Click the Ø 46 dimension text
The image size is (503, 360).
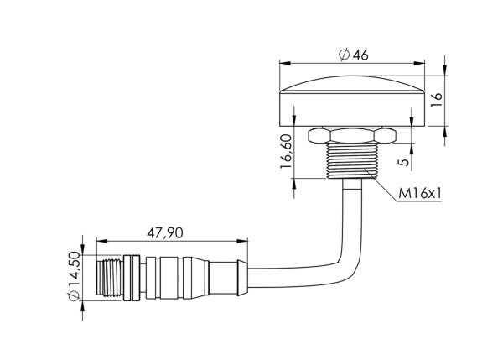coord(354,55)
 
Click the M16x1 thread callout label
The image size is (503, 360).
coord(420,194)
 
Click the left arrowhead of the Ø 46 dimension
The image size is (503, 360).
coord(282,63)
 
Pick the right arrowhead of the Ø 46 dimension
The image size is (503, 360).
coord(423,63)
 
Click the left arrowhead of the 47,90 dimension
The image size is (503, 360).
coord(101,241)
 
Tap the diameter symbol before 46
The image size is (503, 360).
coord(344,55)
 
